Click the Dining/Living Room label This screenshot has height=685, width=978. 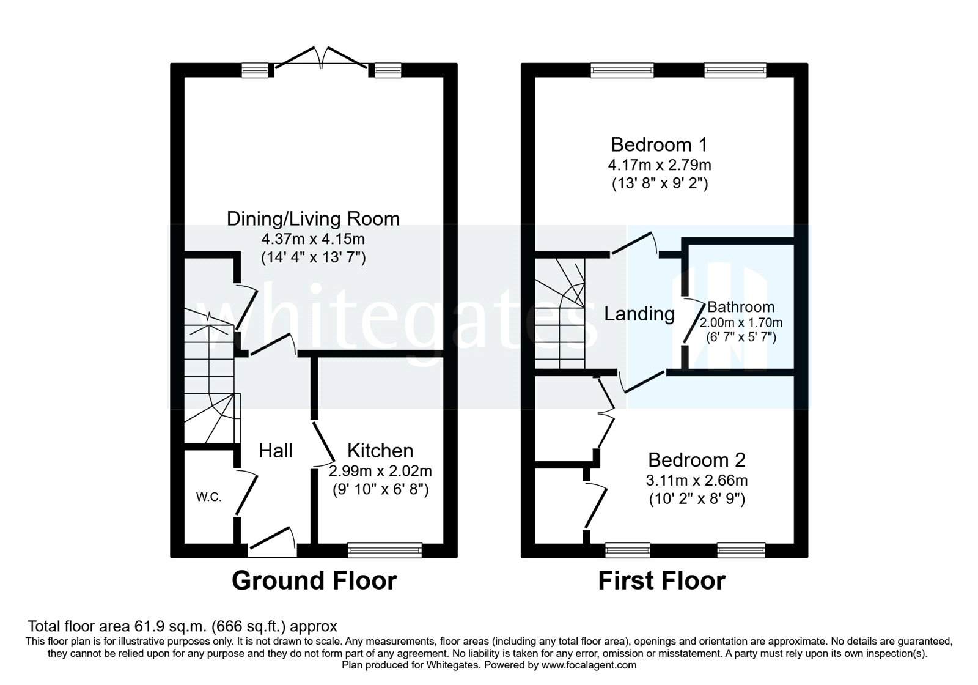click(x=313, y=219)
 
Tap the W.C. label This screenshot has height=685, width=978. click(x=208, y=497)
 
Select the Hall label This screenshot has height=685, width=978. click(x=275, y=451)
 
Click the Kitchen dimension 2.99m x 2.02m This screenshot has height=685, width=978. click(x=380, y=471)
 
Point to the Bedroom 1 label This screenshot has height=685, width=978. click(x=659, y=145)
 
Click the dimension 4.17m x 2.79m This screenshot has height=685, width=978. click(x=659, y=165)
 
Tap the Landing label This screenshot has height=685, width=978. click(x=639, y=314)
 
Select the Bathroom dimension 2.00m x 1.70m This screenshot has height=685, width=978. click(x=741, y=322)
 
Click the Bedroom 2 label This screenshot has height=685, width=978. click(x=697, y=460)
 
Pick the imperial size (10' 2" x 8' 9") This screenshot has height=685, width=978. click(x=697, y=499)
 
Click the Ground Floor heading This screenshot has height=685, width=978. click(x=314, y=580)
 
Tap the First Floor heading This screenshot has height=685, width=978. click(x=661, y=580)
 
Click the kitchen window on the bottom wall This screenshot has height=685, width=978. click(x=384, y=550)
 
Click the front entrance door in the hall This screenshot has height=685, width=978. click(x=272, y=542)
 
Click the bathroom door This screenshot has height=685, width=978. click(x=693, y=322)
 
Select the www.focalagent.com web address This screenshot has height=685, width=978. click(x=589, y=665)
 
